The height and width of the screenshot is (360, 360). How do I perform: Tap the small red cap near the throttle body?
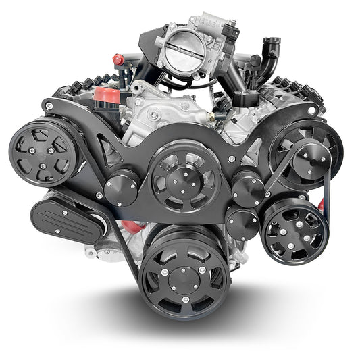coord(120,59)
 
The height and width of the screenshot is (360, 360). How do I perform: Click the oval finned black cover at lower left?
coord(68,217)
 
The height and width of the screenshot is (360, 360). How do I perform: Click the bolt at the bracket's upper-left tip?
coord(49,105)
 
